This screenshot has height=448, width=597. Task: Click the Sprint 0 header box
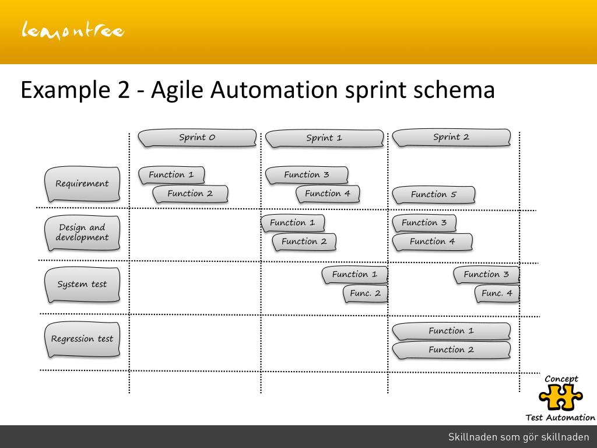point(197,138)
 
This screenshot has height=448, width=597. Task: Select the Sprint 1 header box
point(324,138)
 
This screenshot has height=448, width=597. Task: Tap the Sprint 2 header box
point(451,138)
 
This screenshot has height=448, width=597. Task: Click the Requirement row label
point(82,184)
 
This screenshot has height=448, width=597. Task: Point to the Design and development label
point(82,232)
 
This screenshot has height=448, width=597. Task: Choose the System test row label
point(82,285)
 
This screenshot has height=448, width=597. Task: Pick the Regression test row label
point(82,339)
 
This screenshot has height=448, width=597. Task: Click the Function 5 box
point(434,195)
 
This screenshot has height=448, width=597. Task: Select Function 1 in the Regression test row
point(451,331)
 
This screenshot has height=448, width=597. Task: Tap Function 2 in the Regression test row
point(451,350)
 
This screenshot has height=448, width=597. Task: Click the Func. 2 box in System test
point(365,293)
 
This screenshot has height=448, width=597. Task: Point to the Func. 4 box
point(497,293)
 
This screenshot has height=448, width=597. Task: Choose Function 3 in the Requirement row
point(307,174)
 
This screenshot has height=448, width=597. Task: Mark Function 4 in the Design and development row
point(432,242)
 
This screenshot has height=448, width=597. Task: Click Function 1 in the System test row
point(354,274)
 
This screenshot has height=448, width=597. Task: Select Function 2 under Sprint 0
point(190,194)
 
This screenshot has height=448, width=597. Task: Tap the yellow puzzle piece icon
point(561,398)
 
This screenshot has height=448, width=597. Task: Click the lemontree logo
point(73,30)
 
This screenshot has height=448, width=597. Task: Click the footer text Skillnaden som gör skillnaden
point(518,437)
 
